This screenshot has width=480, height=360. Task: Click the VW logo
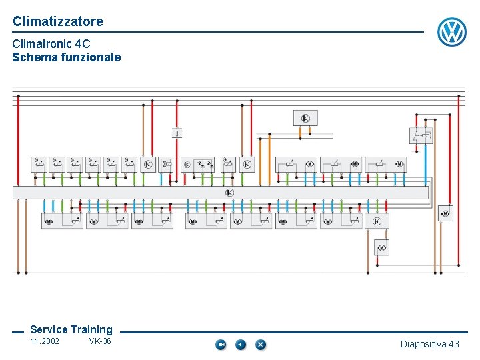[x=451, y=32]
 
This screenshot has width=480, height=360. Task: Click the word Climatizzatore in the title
[x=58, y=21]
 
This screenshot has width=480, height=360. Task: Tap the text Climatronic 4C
[x=51, y=44]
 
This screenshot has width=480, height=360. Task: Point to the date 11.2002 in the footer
[x=45, y=342]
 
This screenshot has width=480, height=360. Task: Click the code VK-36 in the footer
[x=100, y=342]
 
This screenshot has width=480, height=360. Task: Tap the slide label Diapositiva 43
[x=429, y=344]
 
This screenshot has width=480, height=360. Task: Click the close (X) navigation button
[x=260, y=345]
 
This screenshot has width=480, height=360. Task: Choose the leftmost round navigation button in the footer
[x=221, y=345]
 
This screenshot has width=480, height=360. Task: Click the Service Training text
[x=71, y=329]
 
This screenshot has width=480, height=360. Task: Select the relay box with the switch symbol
[x=421, y=136]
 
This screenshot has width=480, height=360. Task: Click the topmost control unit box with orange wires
[x=305, y=118]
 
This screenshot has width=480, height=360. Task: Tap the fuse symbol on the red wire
[x=177, y=132]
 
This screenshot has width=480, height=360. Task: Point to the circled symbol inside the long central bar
[x=229, y=193]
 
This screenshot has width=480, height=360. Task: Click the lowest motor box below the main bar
[x=381, y=248]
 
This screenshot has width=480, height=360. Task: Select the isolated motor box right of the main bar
[x=445, y=213]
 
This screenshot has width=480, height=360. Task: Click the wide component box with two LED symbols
[x=199, y=164]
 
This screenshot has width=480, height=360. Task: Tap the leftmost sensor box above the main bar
[x=39, y=163]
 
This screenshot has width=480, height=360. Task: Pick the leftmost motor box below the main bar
[x=62, y=221]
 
